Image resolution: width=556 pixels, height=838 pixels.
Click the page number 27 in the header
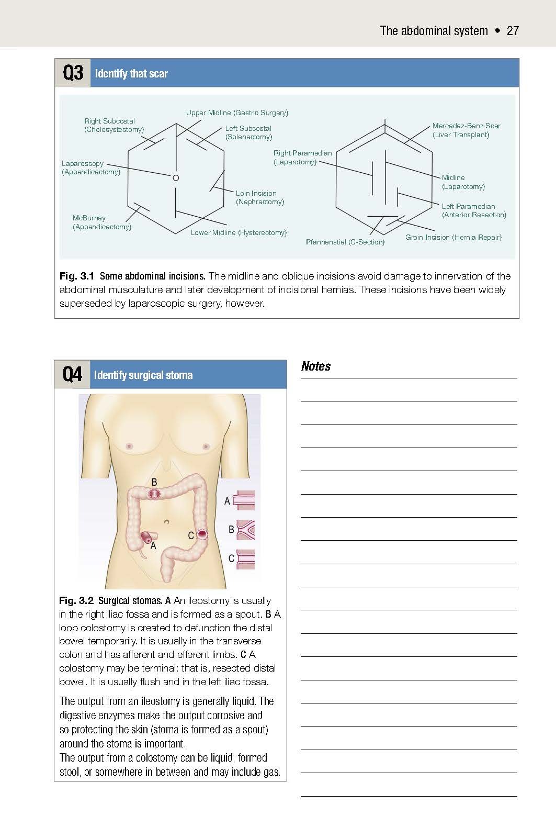pos(513,30)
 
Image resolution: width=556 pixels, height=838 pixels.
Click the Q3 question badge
pos(73,73)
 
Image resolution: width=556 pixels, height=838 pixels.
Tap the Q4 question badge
pos(72,375)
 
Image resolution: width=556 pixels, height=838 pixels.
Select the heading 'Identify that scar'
pos(131,73)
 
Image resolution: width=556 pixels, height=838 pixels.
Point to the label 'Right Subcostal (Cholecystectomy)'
pos(114,125)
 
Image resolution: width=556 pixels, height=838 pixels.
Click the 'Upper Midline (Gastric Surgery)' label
pos(237,113)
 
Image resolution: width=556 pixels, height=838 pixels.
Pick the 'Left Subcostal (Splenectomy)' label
pos(248,132)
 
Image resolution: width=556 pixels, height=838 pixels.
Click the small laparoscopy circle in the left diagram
pos(176,178)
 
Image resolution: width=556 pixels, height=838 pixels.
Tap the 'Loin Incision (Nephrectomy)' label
pos(259,197)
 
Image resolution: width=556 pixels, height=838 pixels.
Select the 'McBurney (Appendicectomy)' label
pos(101,222)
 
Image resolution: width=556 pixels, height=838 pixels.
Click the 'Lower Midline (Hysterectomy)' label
pos(239,232)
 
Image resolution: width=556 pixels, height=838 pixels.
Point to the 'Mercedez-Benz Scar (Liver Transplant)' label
pos(466,130)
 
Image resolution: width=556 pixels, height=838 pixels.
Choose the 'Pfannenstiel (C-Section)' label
pos(345,242)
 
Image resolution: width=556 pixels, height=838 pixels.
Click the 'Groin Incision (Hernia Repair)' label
pos(453,237)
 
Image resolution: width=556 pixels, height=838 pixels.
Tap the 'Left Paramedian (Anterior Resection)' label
pos(474,210)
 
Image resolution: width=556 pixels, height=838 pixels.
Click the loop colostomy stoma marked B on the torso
pos(154,494)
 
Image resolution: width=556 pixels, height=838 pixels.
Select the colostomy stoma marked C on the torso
pos(202,535)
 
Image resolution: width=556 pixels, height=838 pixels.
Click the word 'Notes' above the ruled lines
pos(316,366)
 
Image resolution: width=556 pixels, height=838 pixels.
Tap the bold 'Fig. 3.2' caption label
pos(76,600)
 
